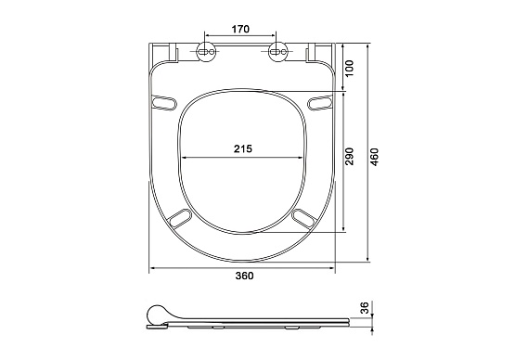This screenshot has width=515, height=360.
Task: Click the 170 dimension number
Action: point(240,29)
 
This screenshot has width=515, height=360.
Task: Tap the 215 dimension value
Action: point(243,148)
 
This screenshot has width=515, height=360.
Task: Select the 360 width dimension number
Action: point(244,276)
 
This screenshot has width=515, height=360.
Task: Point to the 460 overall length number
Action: point(375,157)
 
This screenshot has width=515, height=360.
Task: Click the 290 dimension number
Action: point(350,157)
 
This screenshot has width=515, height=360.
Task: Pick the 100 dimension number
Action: point(350,68)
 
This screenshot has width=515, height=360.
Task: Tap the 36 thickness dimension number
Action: point(366,308)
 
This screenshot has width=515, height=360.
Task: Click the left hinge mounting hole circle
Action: point(206,52)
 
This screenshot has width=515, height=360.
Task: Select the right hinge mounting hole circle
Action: point(277,52)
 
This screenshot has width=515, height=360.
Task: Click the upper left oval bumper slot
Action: point(164,102)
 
